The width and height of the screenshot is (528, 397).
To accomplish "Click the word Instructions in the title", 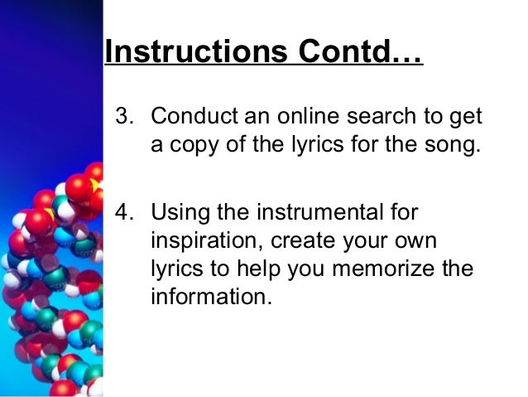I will [x=191, y=52].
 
